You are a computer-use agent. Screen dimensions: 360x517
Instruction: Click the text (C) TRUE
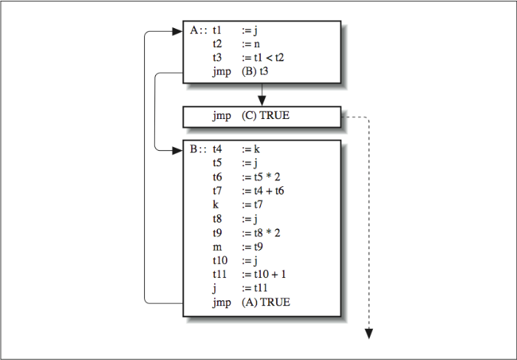tap(270, 116)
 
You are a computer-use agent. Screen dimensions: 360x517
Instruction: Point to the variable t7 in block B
tap(218, 191)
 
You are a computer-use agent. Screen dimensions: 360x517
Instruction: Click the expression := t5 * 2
tap(264, 177)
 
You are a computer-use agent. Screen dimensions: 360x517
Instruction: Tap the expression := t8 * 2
tap(264, 233)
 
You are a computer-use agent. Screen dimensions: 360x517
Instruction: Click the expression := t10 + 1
tap(266, 274)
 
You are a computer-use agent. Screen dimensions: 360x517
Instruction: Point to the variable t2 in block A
tap(218, 44)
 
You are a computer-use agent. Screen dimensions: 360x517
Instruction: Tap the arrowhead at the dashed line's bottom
tap(369, 334)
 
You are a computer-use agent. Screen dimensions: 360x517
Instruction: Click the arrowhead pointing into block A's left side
tap(177, 31)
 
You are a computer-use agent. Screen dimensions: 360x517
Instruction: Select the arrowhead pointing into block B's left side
tap(177, 150)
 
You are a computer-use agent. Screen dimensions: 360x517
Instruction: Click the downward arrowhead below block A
tap(261, 99)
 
